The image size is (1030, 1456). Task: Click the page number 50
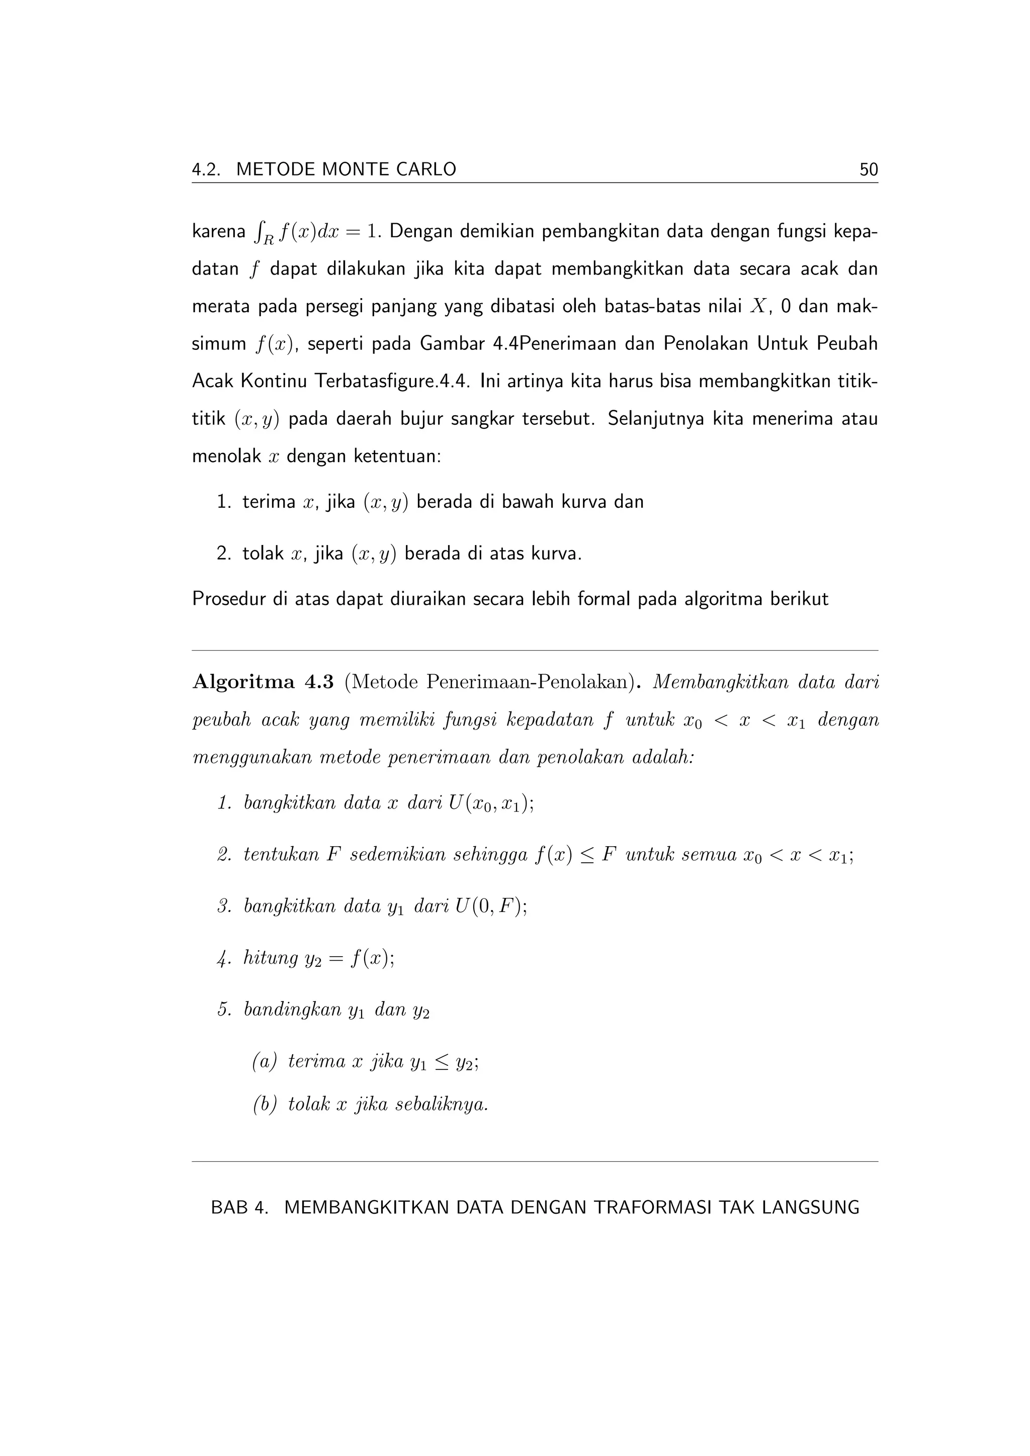click(x=868, y=169)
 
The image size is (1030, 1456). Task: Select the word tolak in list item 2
click(x=263, y=554)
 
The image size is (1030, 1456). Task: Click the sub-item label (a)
click(x=265, y=1061)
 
